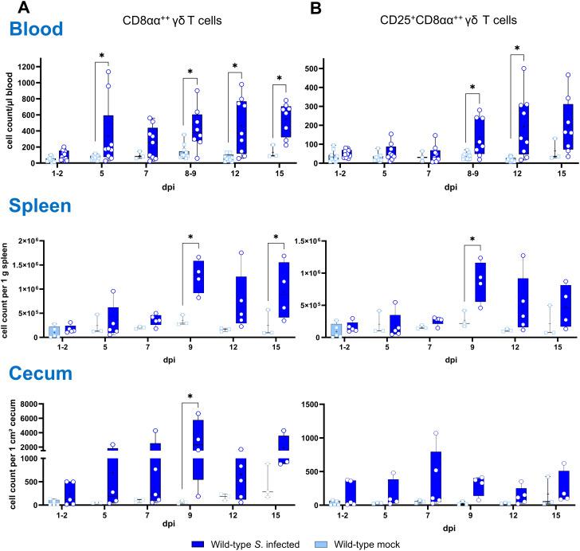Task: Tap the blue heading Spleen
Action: [x=42, y=208]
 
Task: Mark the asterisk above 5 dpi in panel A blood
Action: [x=103, y=56]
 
